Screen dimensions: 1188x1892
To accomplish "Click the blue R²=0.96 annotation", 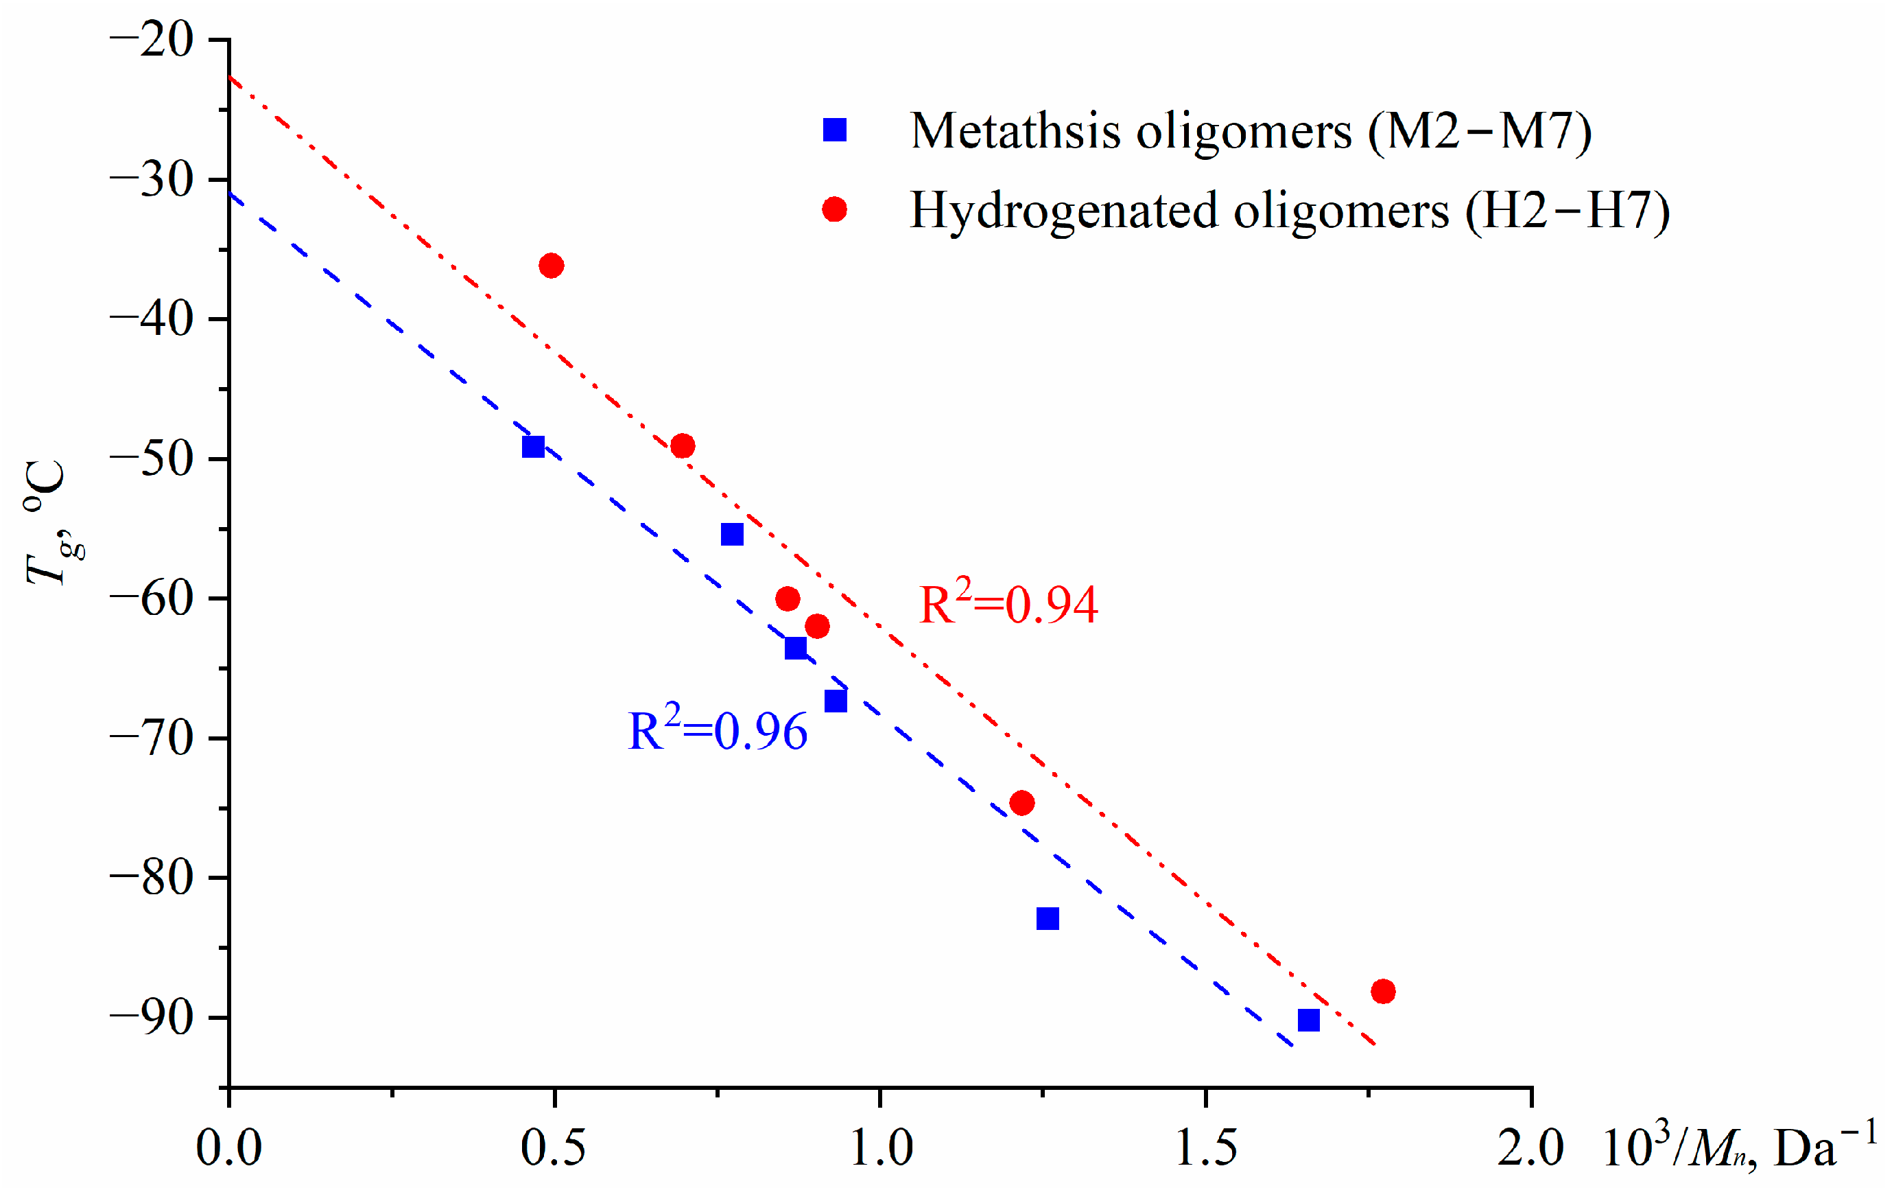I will click(717, 731).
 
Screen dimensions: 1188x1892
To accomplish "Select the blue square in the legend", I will click(834, 130).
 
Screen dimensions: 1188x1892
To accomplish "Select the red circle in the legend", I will click(834, 210).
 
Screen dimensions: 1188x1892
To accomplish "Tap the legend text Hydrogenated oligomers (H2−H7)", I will click(1289, 211).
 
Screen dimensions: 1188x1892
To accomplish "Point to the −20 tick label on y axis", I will click(151, 39).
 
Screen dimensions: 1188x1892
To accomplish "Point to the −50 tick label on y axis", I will click(151, 459).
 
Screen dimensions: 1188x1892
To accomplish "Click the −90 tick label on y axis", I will click(151, 1018).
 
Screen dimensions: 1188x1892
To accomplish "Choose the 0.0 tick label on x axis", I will click(228, 1148).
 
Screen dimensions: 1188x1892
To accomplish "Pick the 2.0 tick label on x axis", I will click(1530, 1148).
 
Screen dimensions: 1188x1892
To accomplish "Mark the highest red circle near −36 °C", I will click(552, 266).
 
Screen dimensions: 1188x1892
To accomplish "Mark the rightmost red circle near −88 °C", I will click(1383, 992).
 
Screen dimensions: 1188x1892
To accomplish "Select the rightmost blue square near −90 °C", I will click(1308, 1020).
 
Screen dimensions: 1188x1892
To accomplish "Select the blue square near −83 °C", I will click(1048, 918).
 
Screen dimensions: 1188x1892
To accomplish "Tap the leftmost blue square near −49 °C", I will click(533, 446).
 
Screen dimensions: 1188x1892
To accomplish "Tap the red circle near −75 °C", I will click(1021, 803).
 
